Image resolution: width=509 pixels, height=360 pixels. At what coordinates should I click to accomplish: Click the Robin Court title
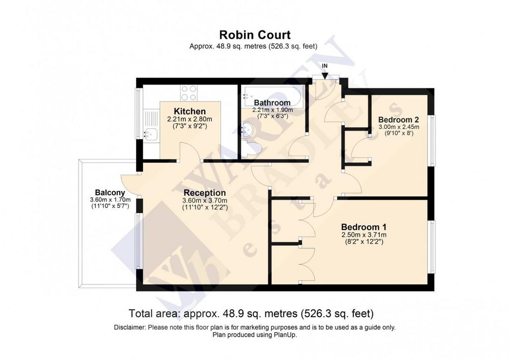(x=255, y=35)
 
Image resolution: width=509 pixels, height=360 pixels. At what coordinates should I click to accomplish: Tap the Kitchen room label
(x=189, y=111)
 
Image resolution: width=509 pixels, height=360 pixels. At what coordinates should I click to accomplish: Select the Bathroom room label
(x=272, y=102)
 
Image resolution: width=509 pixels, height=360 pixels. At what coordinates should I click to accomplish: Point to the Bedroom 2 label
(x=399, y=119)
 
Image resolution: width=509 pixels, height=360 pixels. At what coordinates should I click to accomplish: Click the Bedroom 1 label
(x=363, y=227)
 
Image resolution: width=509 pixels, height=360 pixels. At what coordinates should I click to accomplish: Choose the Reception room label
(x=204, y=193)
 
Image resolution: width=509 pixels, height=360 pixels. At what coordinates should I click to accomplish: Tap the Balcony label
(x=110, y=192)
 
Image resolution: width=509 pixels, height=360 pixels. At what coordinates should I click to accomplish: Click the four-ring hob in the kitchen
(x=188, y=93)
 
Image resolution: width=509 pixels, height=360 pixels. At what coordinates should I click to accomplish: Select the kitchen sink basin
(x=151, y=134)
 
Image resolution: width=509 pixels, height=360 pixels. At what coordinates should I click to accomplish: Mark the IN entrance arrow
(x=325, y=75)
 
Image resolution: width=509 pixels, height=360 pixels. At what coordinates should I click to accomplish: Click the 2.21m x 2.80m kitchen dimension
(x=189, y=119)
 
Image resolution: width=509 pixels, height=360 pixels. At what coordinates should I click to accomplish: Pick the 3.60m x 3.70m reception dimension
(x=205, y=200)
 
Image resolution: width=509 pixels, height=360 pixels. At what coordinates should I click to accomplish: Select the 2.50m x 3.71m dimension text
(x=364, y=235)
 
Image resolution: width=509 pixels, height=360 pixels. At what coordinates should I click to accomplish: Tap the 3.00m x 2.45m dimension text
(x=399, y=127)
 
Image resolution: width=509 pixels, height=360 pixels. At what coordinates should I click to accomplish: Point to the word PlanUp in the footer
(x=285, y=335)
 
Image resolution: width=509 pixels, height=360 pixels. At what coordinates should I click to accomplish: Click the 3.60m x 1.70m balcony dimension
(x=110, y=199)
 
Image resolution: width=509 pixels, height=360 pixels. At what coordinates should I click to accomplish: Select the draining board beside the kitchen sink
(x=151, y=119)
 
